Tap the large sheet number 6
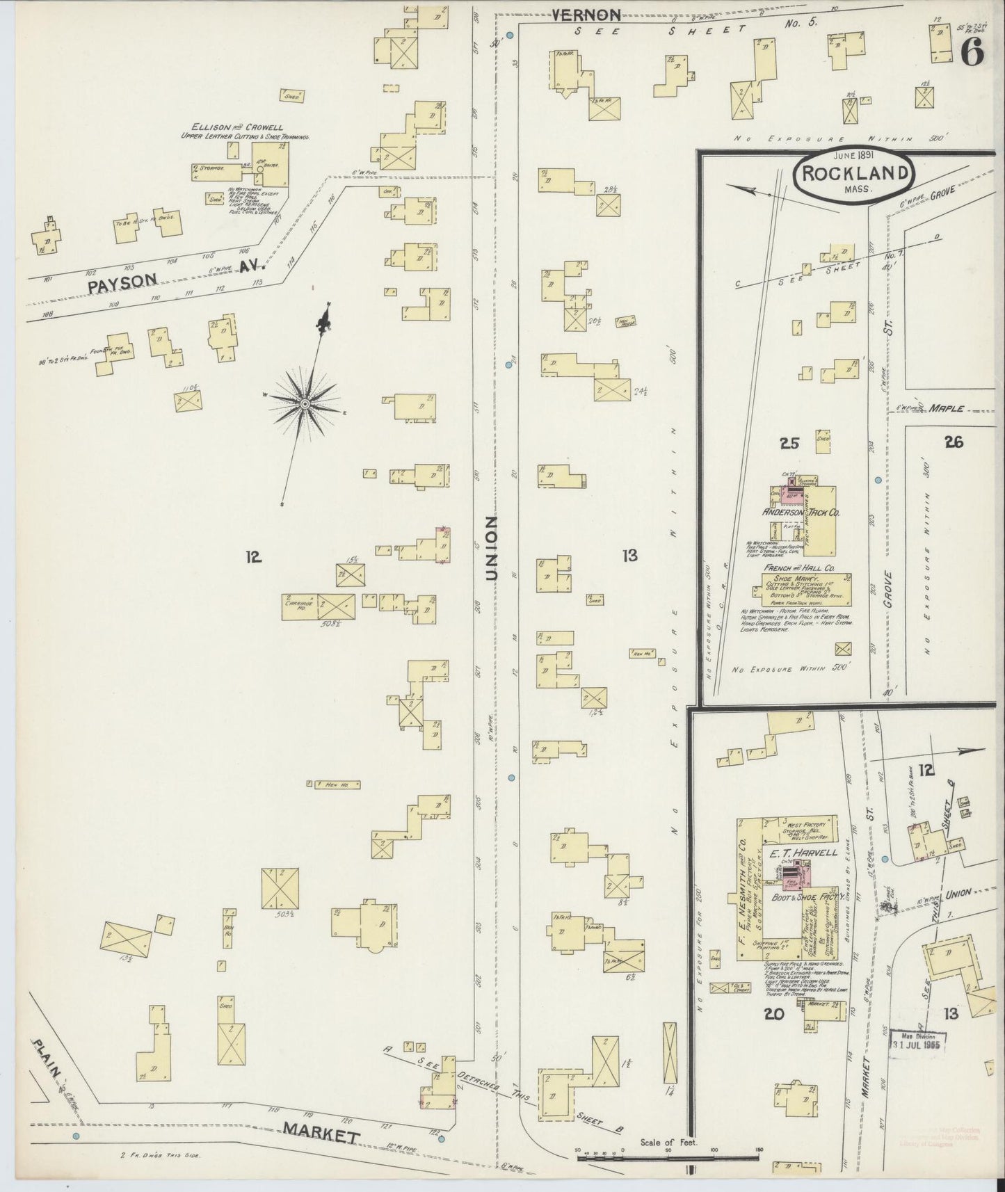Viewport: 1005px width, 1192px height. coord(972,53)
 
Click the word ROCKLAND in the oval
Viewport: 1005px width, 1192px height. coord(853,174)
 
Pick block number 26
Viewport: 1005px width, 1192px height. coord(954,441)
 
